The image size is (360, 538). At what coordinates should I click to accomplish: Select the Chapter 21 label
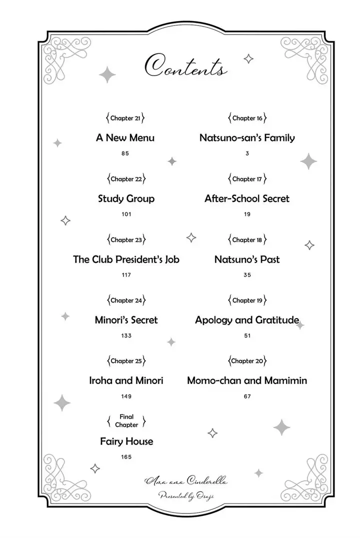pyautogui.click(x=125, y=118)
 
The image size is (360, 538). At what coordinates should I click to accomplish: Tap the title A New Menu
pyautogui.click(x=125, y=137)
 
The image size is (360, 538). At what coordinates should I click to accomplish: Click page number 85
pyautogui.click(x=125, y=153)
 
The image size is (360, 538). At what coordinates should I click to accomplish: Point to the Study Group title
pyautogui.click(x=126, y=198)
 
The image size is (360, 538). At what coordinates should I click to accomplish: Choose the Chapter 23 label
pyautogui.click(x=126, y=240)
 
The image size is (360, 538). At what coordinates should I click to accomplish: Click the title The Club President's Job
pyautogui.click(x=126, y=259)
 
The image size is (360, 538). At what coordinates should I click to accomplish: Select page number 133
pyautogui.click(x=126, y=335)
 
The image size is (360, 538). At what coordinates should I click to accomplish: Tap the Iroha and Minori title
pyautogui.click(x=126, y=380)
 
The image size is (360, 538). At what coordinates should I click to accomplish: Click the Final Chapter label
pyautogui.click(x=126, y=420)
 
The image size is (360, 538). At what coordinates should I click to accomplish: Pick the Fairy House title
pyautogui.click(x=126, y=441)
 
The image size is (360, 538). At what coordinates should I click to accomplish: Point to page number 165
pyautogui.click(x=126, y=457)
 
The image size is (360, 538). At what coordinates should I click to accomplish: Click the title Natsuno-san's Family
pyautogui.click(x=247, y=137)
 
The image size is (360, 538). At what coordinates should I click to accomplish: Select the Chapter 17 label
pyautogui.click(x=247, y=179)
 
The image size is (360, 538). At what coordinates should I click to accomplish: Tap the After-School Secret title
pyautogui.click(x=247, y=198)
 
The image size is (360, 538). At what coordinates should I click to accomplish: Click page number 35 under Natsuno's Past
pyautogui.click(x=247, y=275)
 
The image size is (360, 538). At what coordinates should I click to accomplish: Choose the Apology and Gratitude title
pyautogui.click(x=247, y=320)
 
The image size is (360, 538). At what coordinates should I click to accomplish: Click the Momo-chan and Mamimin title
pyautogui.click(x=247, y=380)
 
